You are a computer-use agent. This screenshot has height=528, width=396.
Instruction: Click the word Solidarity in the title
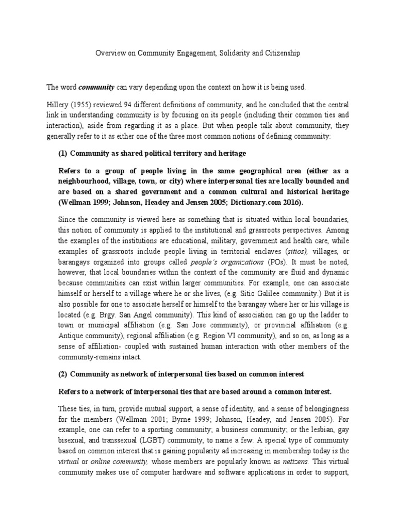tap(228, 53)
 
